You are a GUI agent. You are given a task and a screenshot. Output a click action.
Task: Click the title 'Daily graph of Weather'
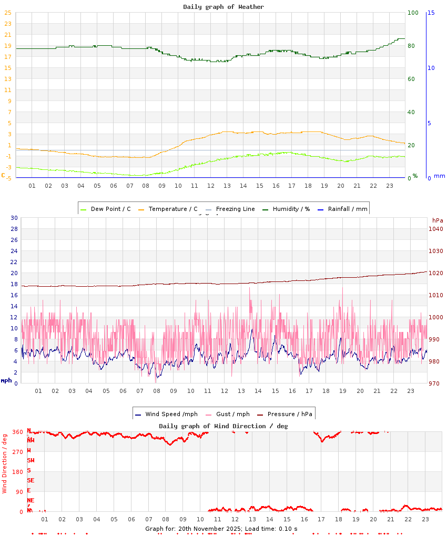pos(223,7)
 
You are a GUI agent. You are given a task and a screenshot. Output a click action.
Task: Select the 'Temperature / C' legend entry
pos(173,209)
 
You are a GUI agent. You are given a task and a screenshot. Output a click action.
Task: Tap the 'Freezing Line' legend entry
pos(235,209)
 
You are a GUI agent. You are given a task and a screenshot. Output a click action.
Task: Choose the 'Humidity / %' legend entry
pos(291,209)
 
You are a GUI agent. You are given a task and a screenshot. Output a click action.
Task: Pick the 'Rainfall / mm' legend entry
pos(348,209)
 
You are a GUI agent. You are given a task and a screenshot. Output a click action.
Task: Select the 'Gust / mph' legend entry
pos(234,414)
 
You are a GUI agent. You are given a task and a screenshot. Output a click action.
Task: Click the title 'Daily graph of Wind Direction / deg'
pos(223,426)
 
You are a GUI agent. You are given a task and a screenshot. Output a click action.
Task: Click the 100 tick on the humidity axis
pos(413,13)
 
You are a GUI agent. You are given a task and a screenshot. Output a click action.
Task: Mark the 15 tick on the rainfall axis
pos(431,13)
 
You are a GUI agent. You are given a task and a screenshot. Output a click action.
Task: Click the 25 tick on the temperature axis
pos(8,24)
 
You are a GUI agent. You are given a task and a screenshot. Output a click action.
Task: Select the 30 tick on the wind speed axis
pos(14,218)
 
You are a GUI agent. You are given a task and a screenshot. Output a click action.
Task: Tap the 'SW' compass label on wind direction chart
pos(31,460)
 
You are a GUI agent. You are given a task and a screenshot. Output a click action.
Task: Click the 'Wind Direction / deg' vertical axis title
pos(5,463)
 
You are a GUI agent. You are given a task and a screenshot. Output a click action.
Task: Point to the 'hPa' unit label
pos(438,220)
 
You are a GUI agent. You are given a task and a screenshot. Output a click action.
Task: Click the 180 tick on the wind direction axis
pos(17,472)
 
